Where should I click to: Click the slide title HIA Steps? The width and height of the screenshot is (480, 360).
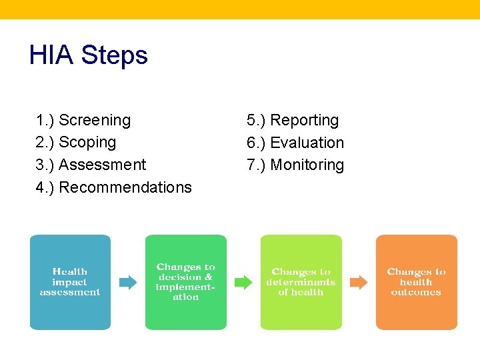(88, 55)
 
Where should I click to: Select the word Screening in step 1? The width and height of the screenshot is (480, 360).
(95, 121)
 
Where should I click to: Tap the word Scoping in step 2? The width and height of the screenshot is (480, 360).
(87, 143)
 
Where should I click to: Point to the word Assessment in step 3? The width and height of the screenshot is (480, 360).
(102, 165)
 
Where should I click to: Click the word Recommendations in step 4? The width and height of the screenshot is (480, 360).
(125, 187)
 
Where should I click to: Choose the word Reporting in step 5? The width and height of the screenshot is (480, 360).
(304, 121)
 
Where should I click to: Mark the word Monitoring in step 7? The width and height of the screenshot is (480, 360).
(307, 165)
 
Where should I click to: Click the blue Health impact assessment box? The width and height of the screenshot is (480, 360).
(70, 282)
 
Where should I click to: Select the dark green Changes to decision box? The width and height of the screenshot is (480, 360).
(185, 282)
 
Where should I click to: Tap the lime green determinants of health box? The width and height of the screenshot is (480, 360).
(301, 282)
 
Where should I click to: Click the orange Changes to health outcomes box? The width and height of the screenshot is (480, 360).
(417, 282)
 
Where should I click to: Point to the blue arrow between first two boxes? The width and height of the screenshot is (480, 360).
(127, 282)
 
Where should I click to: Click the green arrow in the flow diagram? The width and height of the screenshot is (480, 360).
(243, 282)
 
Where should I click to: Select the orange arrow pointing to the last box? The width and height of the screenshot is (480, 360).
(359, 282)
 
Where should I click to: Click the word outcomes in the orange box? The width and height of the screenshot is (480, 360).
(416, 292)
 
